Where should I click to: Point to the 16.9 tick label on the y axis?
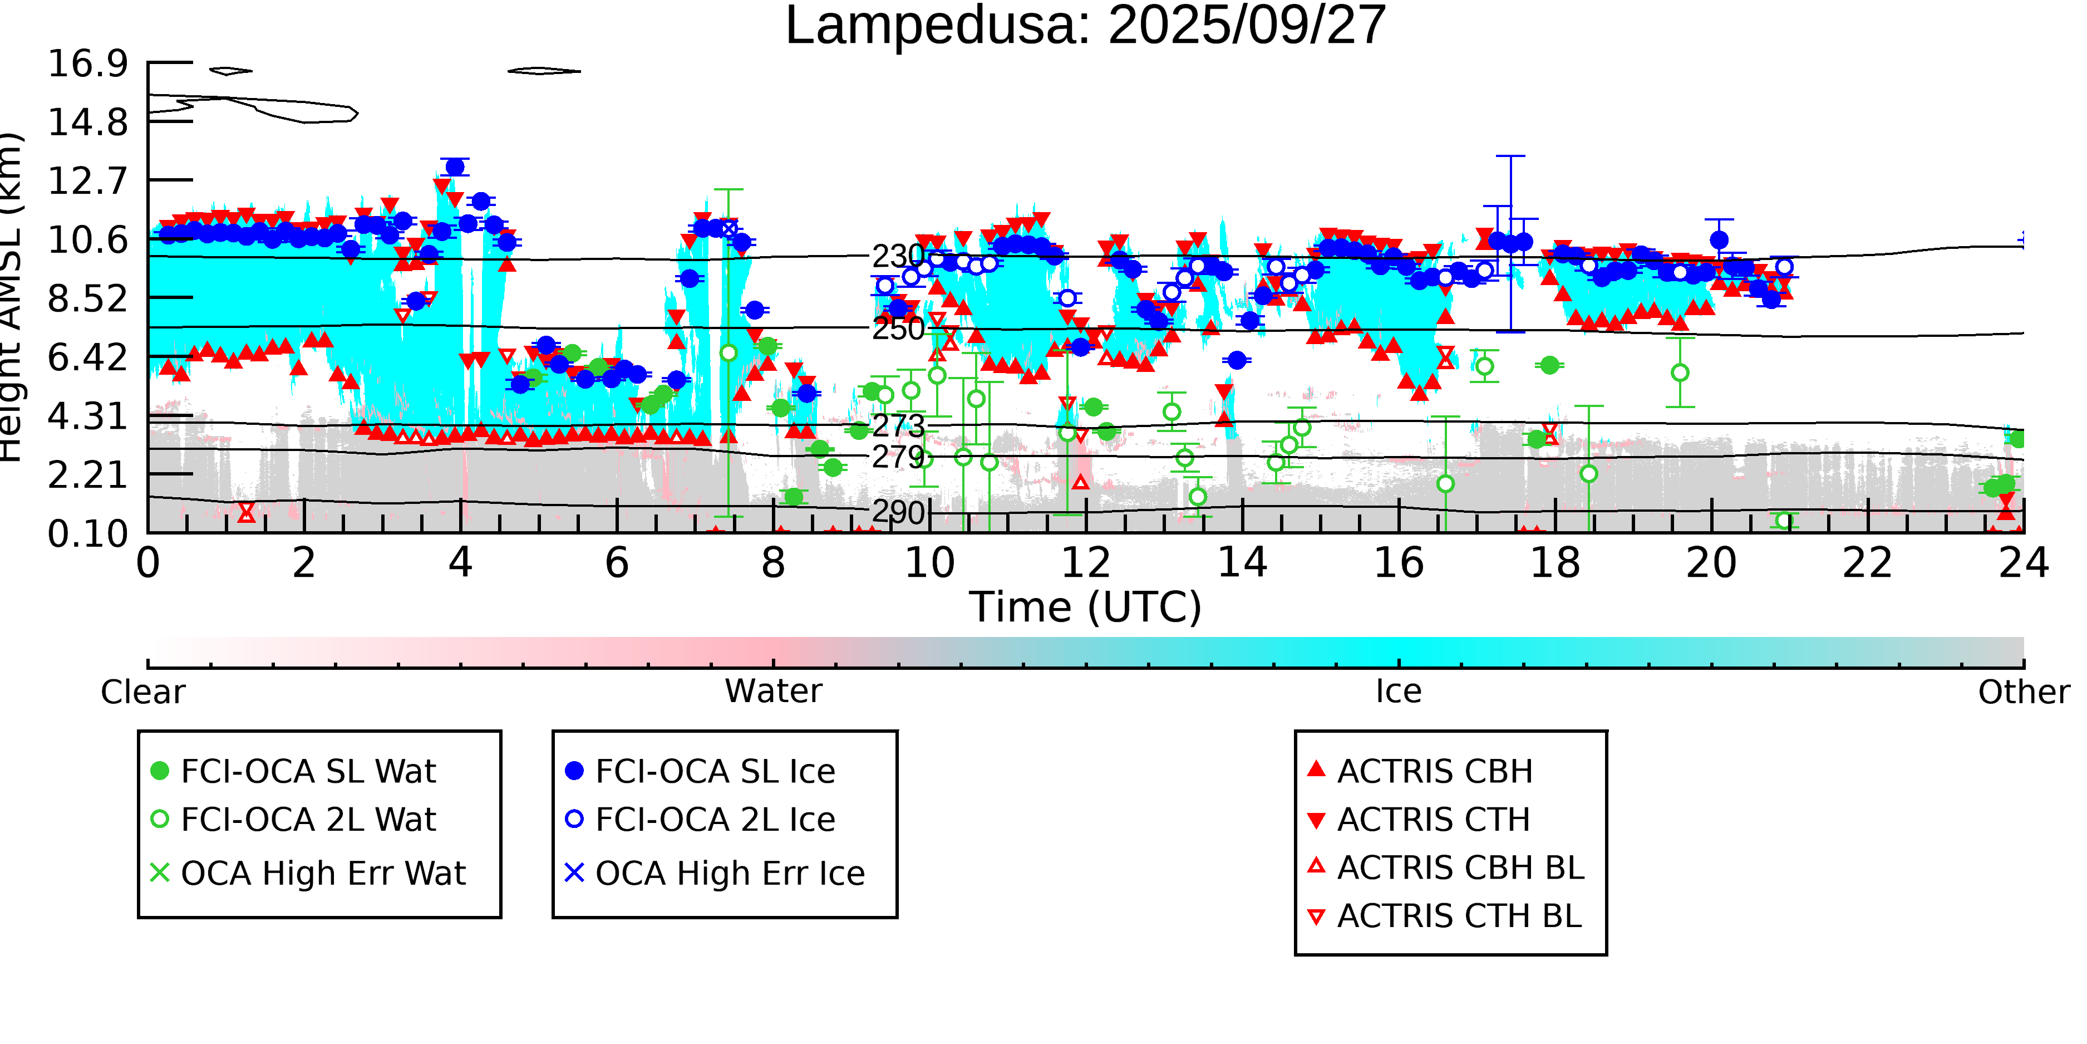tap(87, 63)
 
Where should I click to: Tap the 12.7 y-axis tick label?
tap(87, 180)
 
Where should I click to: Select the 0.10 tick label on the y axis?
tap(87, 533)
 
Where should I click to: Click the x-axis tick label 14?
tap(1242, 562)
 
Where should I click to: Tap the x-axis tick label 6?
tap(617, 562)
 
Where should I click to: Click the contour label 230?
tap(898, 256)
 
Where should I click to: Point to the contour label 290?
tap(898, 512)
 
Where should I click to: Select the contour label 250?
tap(898, 329)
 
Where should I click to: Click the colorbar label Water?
tap(773, 692)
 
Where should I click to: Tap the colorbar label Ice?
tap(1399, 692)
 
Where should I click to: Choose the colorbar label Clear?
tap(142, 692)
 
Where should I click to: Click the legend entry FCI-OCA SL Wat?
tap(308, 771)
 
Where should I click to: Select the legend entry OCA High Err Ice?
tap(729, 873)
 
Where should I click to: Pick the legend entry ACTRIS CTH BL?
tap(1458, 916)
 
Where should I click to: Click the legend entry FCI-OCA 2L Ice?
tap(715, 820)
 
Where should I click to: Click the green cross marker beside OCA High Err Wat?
tap(160, 873)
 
